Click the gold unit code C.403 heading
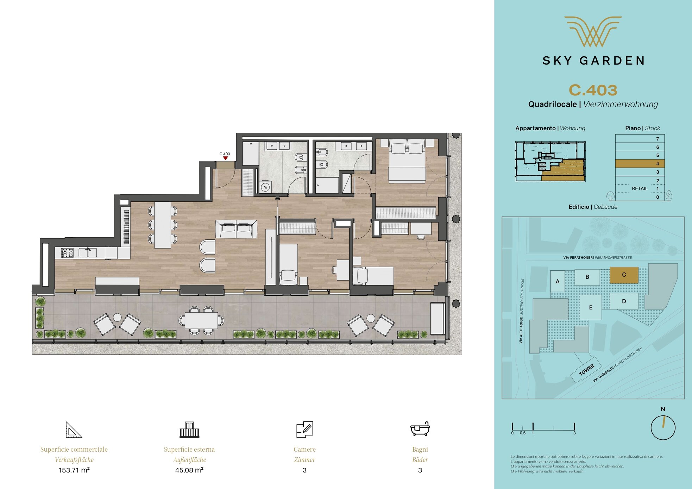tap(593, 90)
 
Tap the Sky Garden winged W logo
tap(593, 32)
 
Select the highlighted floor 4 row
tap(640, 164)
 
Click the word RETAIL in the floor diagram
tap(640, 189)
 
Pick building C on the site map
tap(624, 275)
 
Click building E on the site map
tap(591, 307)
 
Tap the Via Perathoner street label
tap(597, 258)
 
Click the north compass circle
tap(663, 428)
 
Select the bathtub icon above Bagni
tap(420, 429)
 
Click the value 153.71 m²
tap(74, 470)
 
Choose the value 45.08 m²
tap(189, 470)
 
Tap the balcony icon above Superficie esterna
tap(189, 430)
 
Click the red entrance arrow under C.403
tap(225, 158)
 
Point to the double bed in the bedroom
tap(407, 161)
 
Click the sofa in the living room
tap(236, 229)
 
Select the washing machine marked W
tap(265, 187)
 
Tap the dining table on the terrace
tap(201, 320)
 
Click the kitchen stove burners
tap(67, 253)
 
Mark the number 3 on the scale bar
tap(574, 433)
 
